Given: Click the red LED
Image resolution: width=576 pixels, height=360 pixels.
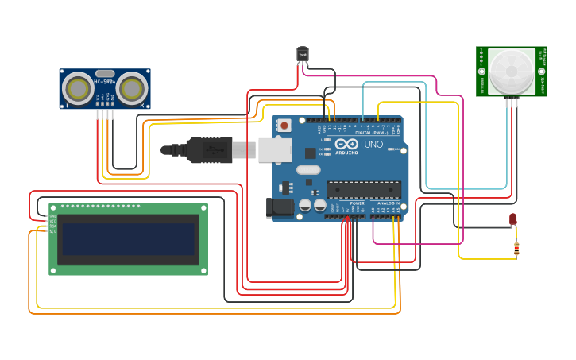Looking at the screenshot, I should point(513,219).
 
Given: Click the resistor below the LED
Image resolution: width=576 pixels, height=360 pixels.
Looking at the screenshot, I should point(516,250).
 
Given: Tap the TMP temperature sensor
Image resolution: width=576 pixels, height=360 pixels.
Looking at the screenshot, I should point(302,54).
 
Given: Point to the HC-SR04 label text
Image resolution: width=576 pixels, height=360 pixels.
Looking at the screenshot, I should point(105,82).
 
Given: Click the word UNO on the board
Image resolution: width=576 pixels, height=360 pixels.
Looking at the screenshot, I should point(373,145).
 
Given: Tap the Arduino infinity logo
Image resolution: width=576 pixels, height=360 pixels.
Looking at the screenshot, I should point(346,143).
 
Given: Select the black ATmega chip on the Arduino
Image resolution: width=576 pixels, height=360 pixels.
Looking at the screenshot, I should point(363,190).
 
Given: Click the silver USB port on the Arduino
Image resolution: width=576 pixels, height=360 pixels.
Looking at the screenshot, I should point(275,149).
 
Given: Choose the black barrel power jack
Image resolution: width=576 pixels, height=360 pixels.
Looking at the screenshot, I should point(279,208).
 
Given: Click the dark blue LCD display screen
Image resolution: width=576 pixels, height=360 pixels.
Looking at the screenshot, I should point(128,239).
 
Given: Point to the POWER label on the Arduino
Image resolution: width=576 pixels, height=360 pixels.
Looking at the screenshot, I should point(357,203).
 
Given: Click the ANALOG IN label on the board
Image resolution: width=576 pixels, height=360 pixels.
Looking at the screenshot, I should point(388,203).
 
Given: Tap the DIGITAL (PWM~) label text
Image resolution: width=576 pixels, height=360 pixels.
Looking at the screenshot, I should point(371,132).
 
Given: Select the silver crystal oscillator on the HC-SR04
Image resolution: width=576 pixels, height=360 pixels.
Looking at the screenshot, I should point(105,72).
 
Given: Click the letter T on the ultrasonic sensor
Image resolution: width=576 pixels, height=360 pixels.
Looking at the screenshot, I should point(67,104).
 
